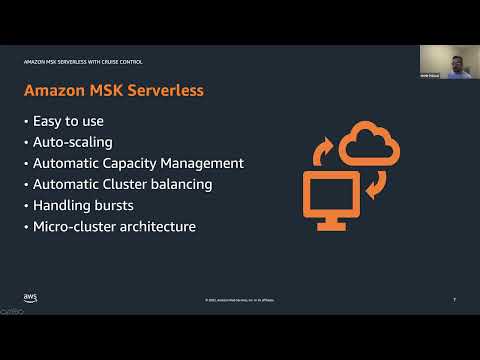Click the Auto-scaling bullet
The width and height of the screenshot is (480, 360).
tap(73, 143)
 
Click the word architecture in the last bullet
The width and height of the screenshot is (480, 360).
tap(159, 226)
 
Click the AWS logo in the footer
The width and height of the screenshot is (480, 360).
tap(30, 298)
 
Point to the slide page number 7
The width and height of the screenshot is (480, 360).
tap(454, 299)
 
